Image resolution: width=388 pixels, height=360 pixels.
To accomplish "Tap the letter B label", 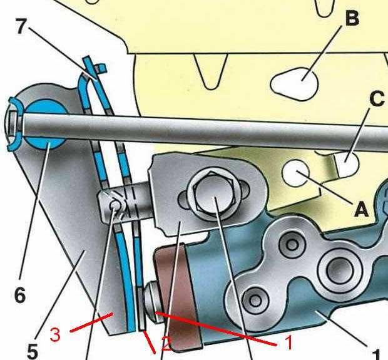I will pyautogui.click(x=352, y=19).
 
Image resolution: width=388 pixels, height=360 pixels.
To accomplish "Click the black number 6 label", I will pyautogui.click(x=20, y=295).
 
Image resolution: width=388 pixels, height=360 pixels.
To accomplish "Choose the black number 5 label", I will pyautogui.click(x=32, y=352).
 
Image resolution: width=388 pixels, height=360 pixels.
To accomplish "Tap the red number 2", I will pyautogui.click(x=166, y=342).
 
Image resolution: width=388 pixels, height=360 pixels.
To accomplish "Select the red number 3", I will pyautogui.click(x=56, y=334).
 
